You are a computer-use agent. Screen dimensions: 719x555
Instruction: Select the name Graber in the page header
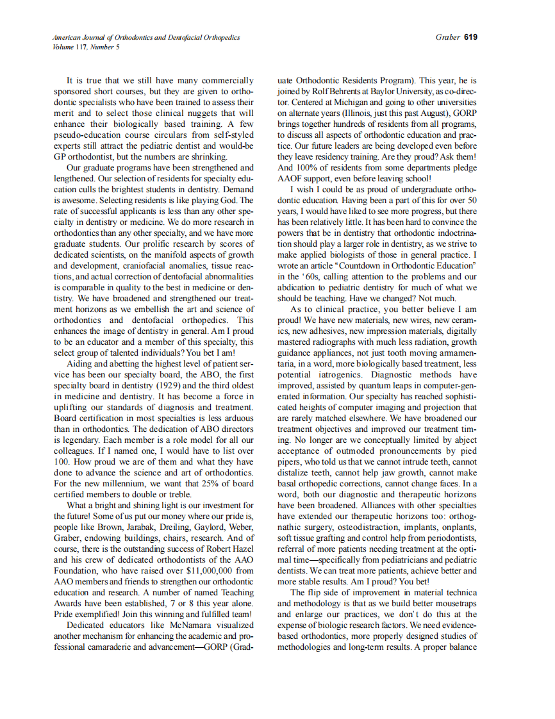[447, 37]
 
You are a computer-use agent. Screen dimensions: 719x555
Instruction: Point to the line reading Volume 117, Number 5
[86, 47]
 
